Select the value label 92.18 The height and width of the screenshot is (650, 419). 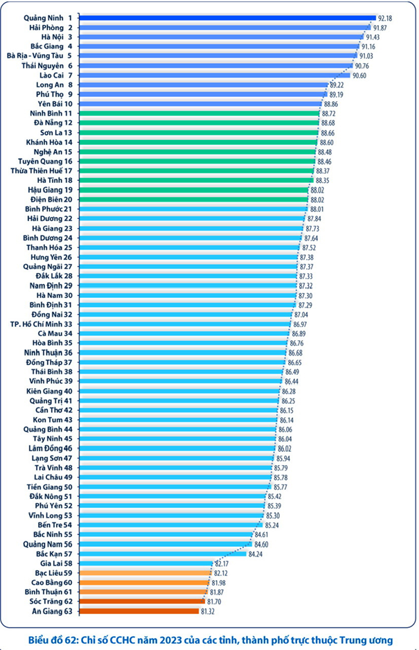pos(386,17)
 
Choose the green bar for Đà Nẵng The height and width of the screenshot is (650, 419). pos(200,123)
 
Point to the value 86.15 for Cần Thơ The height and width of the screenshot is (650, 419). pos(286,410)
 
